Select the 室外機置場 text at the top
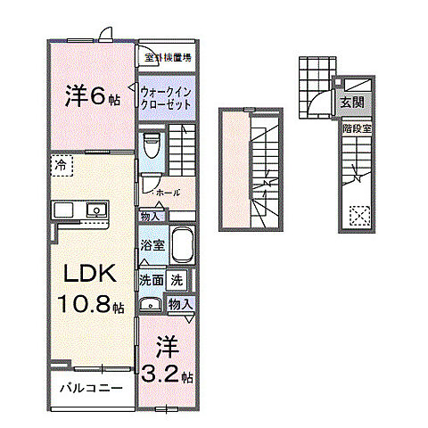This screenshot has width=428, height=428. (x=169, y=57)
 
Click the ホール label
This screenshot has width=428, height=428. (x=167, y=192)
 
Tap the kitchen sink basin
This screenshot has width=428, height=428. (x=95, y=210)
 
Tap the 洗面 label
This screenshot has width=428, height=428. (x=150, y=279)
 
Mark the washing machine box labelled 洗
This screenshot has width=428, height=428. (x=177, y=279)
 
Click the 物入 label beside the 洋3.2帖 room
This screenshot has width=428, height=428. (x=180, y=304)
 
